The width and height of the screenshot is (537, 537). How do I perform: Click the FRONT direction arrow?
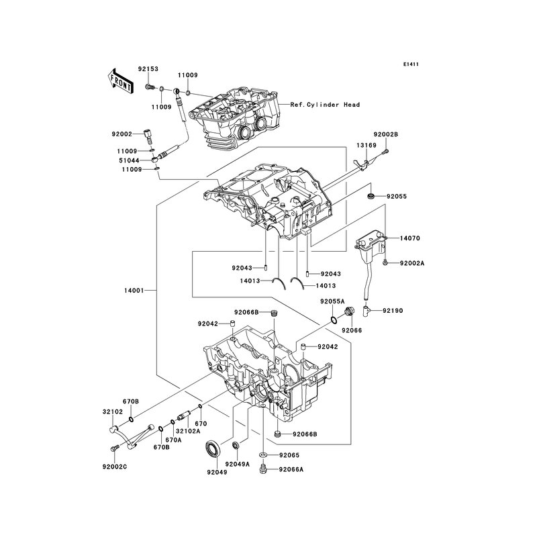120,82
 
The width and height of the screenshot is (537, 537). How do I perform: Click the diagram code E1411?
411,64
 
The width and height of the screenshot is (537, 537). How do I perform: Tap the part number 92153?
148,69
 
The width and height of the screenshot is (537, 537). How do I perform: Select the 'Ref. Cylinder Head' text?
325,105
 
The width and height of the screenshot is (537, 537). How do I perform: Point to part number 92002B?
385,135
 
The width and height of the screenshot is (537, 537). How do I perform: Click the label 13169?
366,145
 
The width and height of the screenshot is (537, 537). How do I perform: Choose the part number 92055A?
332,301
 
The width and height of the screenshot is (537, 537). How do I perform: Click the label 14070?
409,238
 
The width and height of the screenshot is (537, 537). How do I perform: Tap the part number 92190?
393,311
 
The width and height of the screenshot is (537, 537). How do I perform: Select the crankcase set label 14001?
134,291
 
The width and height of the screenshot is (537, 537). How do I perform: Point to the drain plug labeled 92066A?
263,469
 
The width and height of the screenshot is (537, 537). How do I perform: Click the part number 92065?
289,455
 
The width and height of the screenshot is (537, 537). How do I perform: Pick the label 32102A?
189,431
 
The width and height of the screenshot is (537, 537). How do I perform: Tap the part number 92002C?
114,467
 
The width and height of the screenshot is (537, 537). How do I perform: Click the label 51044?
129,160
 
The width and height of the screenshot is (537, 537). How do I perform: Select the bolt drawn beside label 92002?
148,138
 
